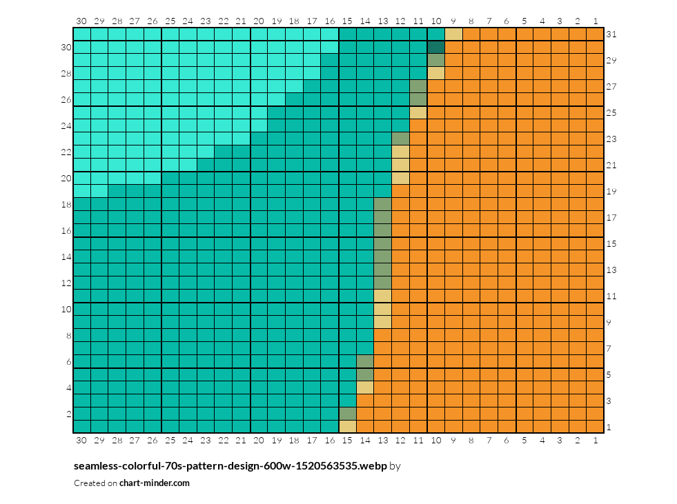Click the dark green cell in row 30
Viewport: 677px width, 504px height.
click(435, 47)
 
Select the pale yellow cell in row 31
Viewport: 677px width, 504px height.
click(453, 34)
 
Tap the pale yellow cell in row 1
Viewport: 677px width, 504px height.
click(348, 427)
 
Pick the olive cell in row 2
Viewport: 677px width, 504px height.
click(348, 414)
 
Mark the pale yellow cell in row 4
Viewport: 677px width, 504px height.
click(365, 387)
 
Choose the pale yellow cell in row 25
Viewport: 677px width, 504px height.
click(418, 112)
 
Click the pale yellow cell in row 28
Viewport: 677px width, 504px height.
click(435, 73)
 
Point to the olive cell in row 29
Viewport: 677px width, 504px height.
click(435, 61)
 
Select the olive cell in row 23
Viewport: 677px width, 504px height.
click(400, 139)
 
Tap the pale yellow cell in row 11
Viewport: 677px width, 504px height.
click(382, 296)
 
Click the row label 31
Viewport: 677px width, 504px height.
click(611, 34)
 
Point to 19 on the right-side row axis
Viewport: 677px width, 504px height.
click(611, 191)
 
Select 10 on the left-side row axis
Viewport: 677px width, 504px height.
click(66, 309)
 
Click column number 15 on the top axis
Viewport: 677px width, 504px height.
click(347, 21)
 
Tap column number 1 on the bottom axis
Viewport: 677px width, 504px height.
click(596, 440)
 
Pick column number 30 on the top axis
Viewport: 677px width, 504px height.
click(81, 21)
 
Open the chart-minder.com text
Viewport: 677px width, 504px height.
click(154, 483)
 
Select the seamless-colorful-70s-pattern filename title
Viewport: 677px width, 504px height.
click(230, 465)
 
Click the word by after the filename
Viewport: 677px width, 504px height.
click(395, 466)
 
